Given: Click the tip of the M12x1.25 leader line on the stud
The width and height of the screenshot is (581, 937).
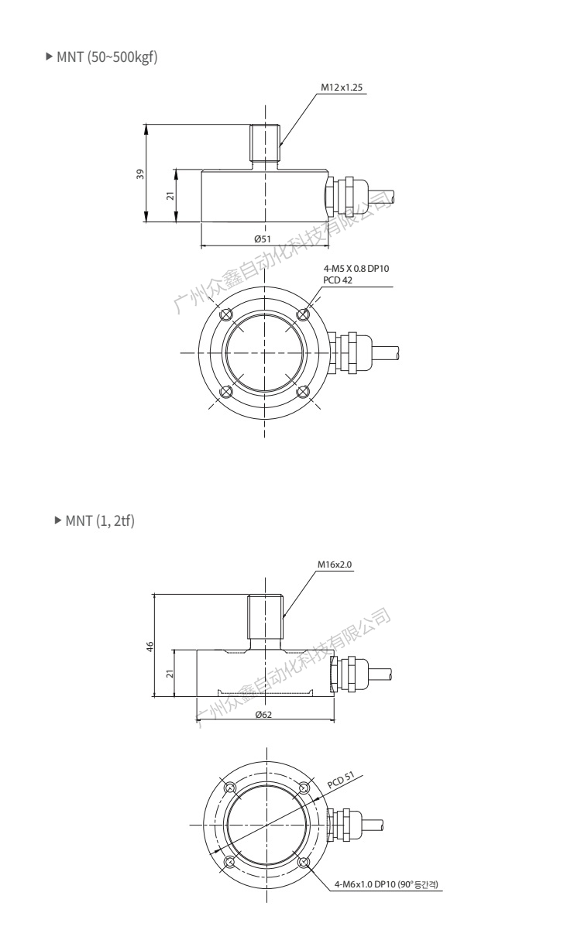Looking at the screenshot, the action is click(279, 146).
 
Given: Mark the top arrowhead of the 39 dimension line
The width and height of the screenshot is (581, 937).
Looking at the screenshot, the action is click(146, 128).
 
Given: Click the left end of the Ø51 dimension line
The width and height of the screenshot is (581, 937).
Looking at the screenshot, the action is click(201, 246).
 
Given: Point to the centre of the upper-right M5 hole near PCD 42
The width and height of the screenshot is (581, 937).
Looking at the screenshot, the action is click(303, 314).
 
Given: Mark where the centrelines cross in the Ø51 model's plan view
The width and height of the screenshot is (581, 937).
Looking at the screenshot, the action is click(264, 352).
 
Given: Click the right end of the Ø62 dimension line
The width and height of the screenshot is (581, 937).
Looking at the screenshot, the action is click(335, 720).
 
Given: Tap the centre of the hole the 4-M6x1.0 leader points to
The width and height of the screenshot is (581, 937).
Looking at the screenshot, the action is click(304, 862).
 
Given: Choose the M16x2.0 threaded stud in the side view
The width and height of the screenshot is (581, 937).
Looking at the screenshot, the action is click(266, 622).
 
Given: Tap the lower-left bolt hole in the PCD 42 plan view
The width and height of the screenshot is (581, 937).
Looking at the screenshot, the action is click(226, 392).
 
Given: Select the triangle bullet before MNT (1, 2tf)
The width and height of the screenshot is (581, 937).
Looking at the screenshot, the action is click(58, 520).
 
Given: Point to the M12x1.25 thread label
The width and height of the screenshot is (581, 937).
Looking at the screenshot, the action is click(342, 88).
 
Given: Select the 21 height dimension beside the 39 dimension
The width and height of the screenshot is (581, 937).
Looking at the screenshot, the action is click(170, 195).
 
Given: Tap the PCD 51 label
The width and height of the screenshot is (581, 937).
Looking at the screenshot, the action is click(341, 780).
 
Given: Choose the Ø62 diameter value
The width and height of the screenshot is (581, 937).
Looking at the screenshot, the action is click(263, 715).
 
